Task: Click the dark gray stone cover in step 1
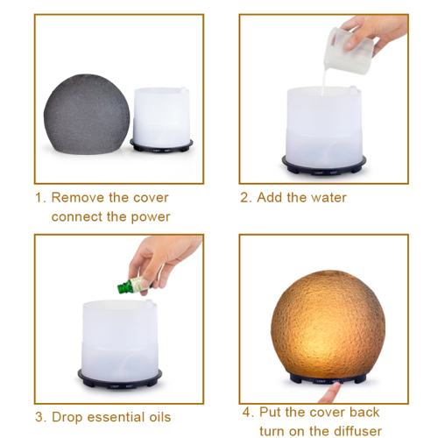[x=87, y=114]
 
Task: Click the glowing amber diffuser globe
[x=328, y=323]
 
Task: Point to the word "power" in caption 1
[x=151, y=217]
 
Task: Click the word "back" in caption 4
[x=364, y=412]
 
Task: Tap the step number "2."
[x=246, y=198]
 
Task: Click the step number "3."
[x=41, y=417]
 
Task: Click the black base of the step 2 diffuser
[x=324, y=166]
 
